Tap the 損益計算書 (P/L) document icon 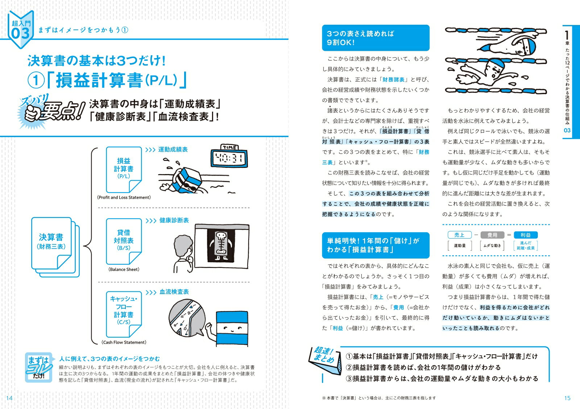tap(123, 169)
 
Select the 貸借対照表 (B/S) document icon tap(123, 241)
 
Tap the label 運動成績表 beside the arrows tap(173, 149)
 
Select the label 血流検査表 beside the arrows tap(174, 292)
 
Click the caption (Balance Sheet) tap(124, 269)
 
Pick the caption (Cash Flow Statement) tap(124, 342)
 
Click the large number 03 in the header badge tap(20, 34)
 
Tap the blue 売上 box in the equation tap(459, 235)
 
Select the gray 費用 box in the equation tap(492, 235)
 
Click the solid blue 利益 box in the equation tap(525, 235)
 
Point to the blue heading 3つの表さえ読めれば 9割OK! tap(376, 38)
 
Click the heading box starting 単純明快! tap(376, 245)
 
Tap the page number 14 tap(9, 398)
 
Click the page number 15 tap(567, 398)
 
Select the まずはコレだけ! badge tap(38, 367)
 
